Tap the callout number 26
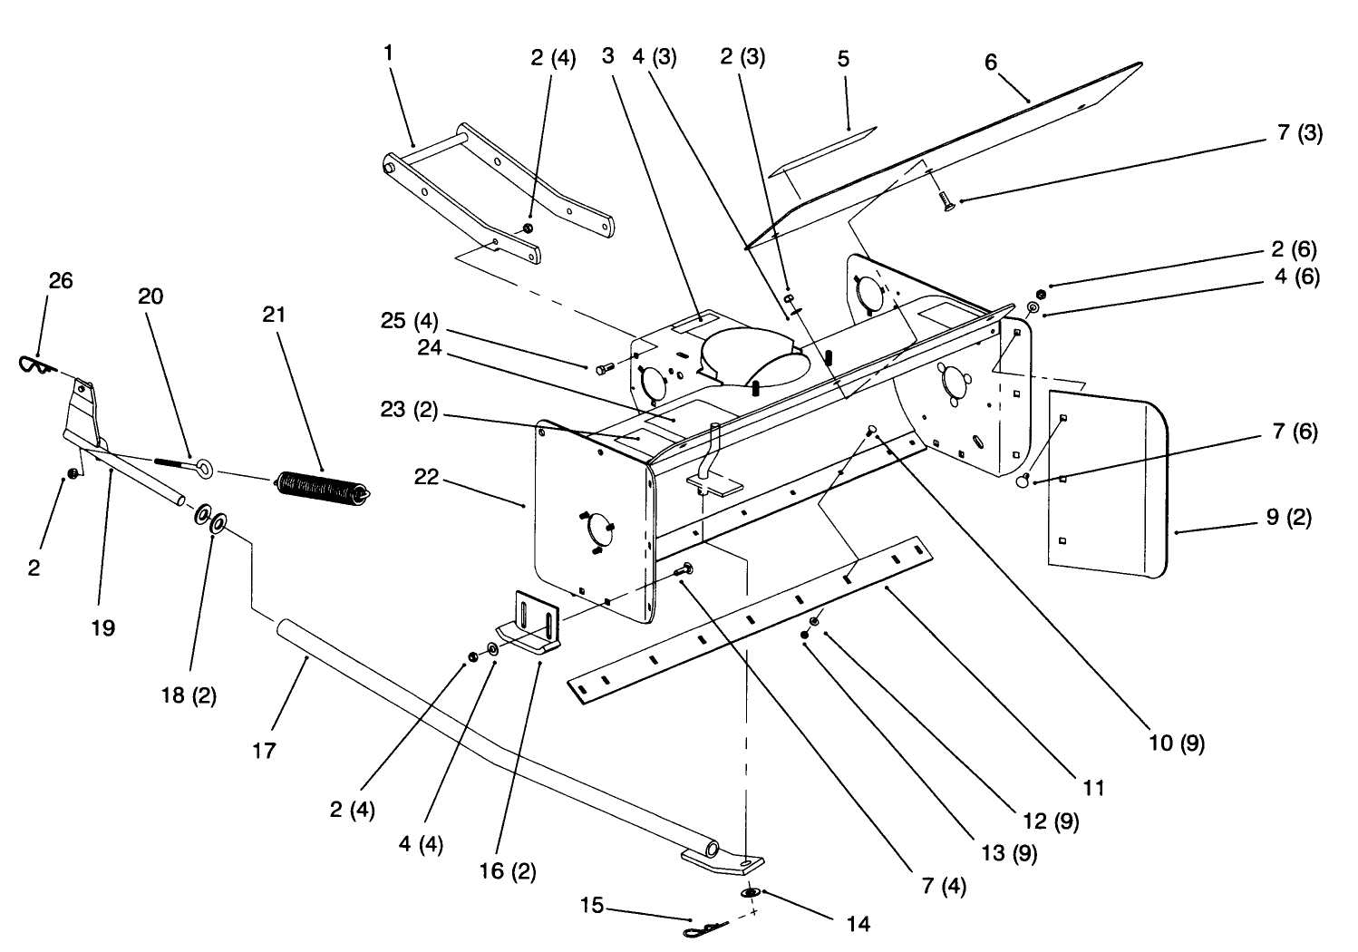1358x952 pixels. (60, 281)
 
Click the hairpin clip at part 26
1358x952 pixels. (36, 364)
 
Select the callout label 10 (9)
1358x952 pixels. (1179, 743)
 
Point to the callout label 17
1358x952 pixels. (265, 751)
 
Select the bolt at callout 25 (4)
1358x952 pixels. (605, 368)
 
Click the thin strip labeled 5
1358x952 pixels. (821, 150)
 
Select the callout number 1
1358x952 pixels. (388, 53)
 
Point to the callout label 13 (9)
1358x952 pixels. (1008, 852)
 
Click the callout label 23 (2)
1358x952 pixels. (410, 411)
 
